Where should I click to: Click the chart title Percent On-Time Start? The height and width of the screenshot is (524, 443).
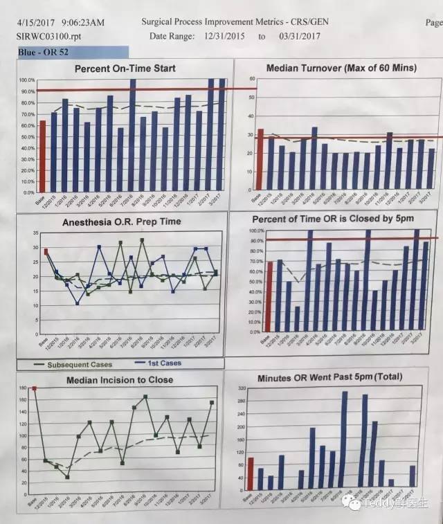[x=125, y=68]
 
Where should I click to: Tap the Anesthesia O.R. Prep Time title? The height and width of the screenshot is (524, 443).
[x=122, y=222]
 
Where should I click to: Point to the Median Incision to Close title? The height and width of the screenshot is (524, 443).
[x=120, y=379]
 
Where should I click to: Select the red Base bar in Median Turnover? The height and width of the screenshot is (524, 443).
[x=260, y=160]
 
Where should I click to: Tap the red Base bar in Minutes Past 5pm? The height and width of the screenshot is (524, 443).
[x=251, y=473]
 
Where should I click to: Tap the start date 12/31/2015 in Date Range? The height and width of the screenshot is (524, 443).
[x=228, y=35]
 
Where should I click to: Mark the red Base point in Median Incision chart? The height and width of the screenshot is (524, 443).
[x=34, y=389]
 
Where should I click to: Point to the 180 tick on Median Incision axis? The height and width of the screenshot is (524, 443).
[x=21, y=389]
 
